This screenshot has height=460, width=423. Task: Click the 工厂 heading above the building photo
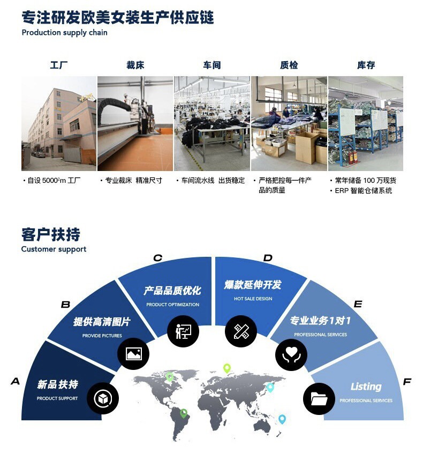pyautogui.click(x=59, y=65)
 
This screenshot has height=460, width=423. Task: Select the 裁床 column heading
pyautogui.click(x=135, y=65)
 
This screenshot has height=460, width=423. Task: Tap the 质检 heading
pyautogui.click(x=289, y=65)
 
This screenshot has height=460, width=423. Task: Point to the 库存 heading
pyautogui.click(x=366, y=65)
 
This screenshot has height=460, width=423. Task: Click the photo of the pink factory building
pyautogui.click(x=59, y=123)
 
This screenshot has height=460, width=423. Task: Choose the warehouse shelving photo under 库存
pyautogui.click(x=366, y=123)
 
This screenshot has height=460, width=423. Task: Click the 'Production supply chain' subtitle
pyautogui.click(x=64, y=33)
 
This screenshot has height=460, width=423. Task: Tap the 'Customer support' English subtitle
pyautogui.click(x=54, y=249)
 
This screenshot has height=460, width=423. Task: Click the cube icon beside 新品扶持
pyautogui.click(x=103, y=398)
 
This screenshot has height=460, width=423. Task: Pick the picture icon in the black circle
pyautogui.click(x=133, y=354)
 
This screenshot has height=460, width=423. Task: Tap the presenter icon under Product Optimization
pyautogui.click(x=183, y=331)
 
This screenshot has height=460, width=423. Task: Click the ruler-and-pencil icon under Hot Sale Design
pyautogui.click(x=241, y=331)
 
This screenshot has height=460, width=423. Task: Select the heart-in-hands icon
pyautogui.click(x=291, y=355)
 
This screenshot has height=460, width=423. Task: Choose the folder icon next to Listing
pyautogui.click(x=319, y=399)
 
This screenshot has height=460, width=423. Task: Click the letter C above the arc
pyautogui.click(x=157, y=258)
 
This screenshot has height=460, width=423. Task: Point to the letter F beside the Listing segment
pyautogui.click(x=407, y=382)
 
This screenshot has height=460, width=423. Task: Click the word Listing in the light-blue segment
pyautogui.click(x=366, y=387)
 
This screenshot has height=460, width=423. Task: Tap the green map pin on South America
pyautogui.click(x=184, y=413)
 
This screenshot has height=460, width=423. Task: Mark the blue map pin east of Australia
pyautogui.click(x=282, y=419)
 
